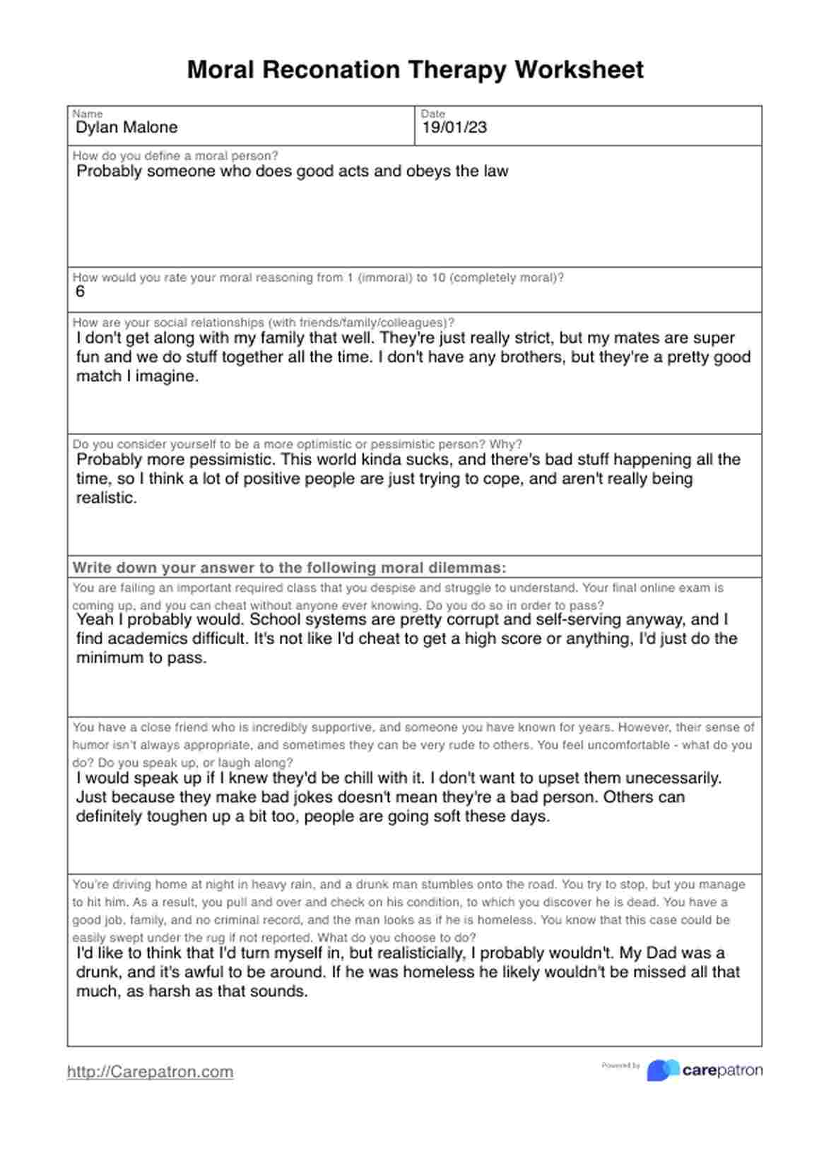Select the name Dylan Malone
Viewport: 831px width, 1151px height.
[x=126, y=128]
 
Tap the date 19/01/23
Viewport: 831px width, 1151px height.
[x=454, y=128]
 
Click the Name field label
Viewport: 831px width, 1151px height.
[x=88, y=114]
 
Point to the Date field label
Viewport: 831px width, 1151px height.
[x=433, y=114]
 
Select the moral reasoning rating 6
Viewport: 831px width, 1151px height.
[x=80, y=292]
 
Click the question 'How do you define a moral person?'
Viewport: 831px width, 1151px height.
[x=175, y=156]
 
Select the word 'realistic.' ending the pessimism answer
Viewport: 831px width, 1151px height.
[x=106, y=498]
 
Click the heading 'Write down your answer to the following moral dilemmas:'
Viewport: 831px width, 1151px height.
[x=289, y=568]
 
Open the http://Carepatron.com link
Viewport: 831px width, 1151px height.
[x=150, y=1071]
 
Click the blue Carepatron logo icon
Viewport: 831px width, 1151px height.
[x=662, y=1071]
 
